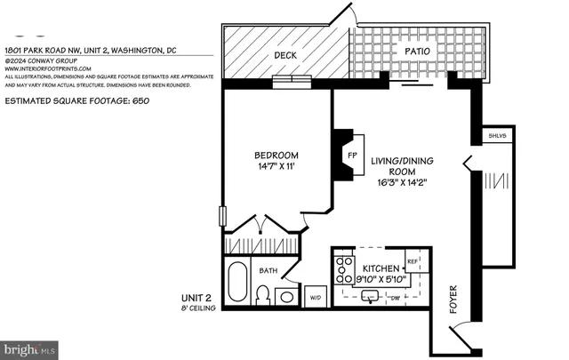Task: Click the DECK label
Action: pos(284,55)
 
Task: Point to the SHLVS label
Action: pos(497,136)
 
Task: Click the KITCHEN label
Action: pos(381,268)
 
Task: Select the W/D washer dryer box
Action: pos(316,297)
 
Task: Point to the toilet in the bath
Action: pos(263,294)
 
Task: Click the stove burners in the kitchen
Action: pos(342,267)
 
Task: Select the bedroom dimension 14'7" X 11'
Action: pos(276,166)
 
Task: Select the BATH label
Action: pos(268,270)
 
